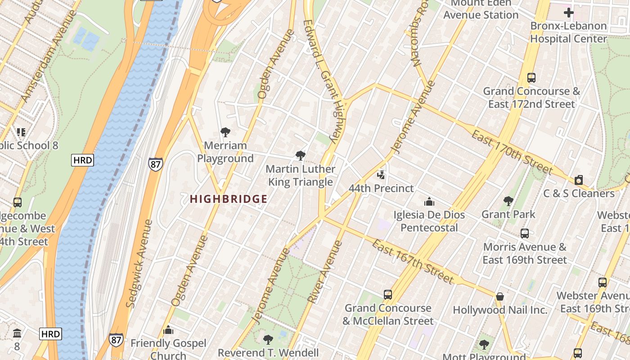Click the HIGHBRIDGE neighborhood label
pos(229,199)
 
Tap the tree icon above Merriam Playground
pos(225,132)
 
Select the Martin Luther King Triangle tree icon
pos(300,156)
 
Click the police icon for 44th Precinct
pos(381,175)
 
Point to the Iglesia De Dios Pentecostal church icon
pos(429,201)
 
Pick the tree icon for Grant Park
pos(508,201)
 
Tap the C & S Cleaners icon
pos(579,180)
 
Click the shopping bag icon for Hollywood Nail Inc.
pos(499,297)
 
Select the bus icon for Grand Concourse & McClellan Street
pos(388,295)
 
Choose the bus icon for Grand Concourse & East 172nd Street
pos(531,78)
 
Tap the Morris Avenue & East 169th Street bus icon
pos(525,234)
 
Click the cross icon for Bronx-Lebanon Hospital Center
pos(569,13)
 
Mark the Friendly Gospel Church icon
pos(168,330)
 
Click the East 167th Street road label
pos(413,261)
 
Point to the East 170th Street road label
pos(512,152)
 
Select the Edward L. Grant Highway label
pos(323,81)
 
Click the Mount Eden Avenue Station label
pos(481,9)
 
